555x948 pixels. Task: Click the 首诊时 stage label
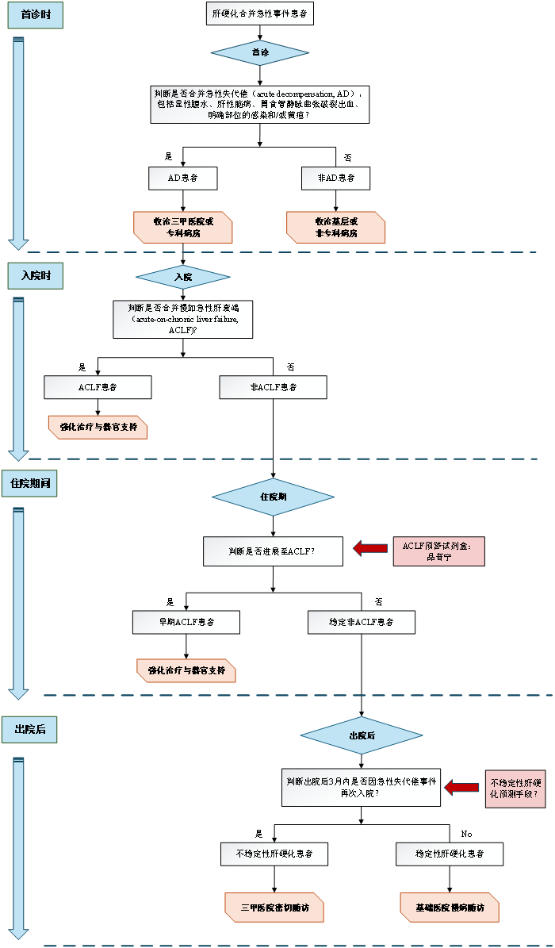tap(36, 16)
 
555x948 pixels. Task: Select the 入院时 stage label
tap(36, 276)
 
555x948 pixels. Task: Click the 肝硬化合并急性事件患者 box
tap(260, 14)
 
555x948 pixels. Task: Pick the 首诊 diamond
tap(259, 52)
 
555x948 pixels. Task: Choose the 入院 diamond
tap(183, 277)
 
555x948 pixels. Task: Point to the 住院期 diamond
tap(273, 497)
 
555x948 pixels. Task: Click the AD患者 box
tap(183, 178)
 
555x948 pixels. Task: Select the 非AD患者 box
tap(335, 178)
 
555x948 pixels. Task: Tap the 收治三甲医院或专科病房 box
tap(183, 228)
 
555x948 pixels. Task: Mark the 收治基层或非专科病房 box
tap(336, 228)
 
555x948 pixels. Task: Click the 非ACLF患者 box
tap(273, 387)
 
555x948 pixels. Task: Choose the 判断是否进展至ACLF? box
tap(273, 551)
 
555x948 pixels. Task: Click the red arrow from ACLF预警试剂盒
tap(369, 547)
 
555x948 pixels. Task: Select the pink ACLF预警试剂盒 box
tap(438, 551)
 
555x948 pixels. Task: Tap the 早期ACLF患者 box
tap(186, 622)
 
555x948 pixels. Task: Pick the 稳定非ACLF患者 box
tap(362, 622)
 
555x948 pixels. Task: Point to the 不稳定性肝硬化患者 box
tap(274, 854)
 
